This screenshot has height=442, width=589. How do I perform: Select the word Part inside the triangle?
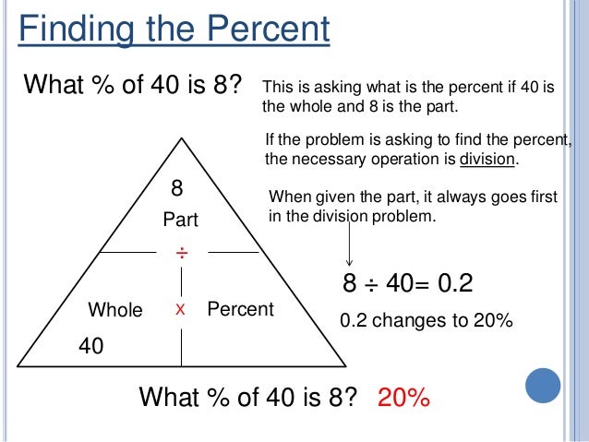(x=181, y=221)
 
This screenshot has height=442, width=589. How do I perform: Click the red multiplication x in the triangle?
(x=181, y=310)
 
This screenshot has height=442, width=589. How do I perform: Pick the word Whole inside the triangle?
(x=114, y=310)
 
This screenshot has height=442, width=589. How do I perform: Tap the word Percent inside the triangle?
(x=240, y=309)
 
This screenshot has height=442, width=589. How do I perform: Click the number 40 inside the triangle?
(x=91, y=347)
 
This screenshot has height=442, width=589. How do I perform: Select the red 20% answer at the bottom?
(x=403, y=398)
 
